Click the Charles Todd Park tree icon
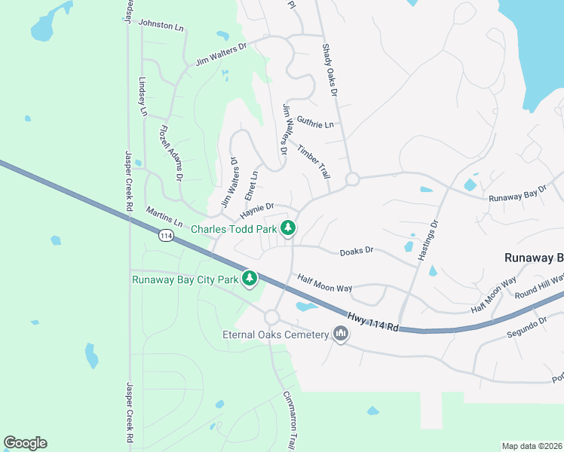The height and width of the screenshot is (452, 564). [x=287, y=228]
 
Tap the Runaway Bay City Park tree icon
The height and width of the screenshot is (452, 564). [x=250, y=279]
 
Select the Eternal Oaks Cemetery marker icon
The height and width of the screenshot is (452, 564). [x=341, y=334]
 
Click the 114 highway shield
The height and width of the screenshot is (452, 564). [x=167, y=236]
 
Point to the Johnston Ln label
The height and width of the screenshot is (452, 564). [x=161, y=26]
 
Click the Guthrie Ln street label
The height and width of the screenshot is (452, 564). [x=315, y=123]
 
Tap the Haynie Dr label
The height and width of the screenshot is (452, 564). [x=257, y=207]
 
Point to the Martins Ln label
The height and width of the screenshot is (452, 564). [x=164, y=217]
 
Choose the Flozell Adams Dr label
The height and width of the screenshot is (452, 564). [x=171, y=153]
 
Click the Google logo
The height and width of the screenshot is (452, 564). [x=25, y=443]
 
